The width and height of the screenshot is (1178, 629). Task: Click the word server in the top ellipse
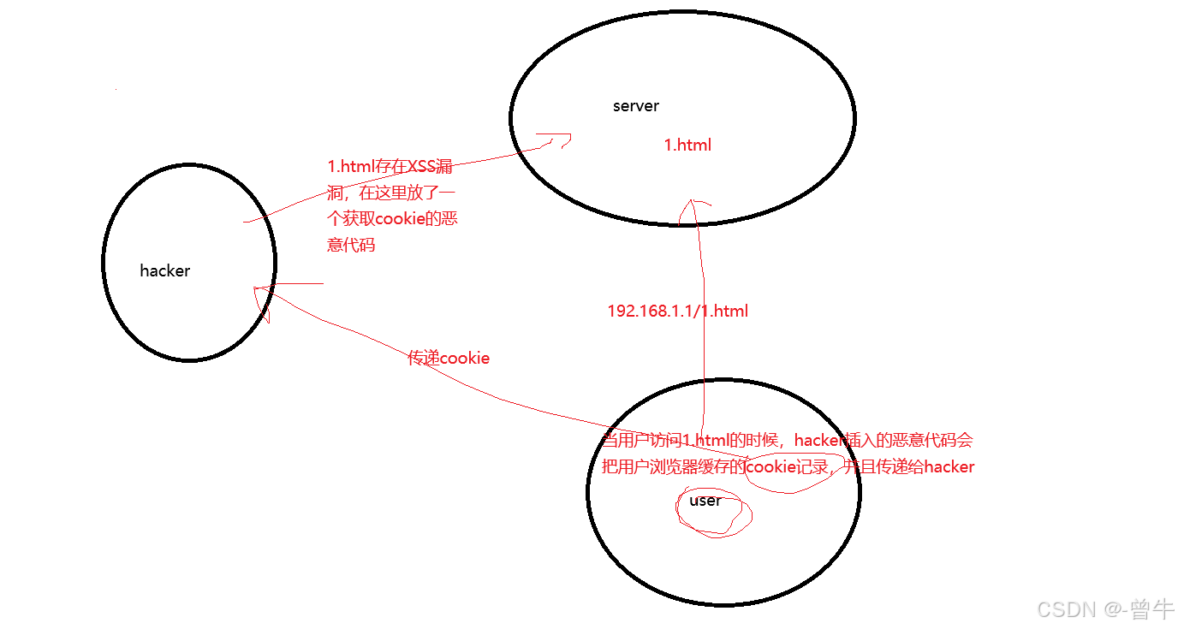point(636,106)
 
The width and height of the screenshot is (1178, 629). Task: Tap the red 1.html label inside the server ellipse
point(687,145)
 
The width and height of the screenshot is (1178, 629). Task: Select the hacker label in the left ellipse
point(165,271)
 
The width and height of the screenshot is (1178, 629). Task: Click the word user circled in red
point(705,501)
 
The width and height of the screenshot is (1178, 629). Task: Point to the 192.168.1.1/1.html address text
point(677,312)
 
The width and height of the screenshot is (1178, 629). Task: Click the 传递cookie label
point(449,359)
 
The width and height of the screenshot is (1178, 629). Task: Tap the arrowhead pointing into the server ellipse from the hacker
point(557,140)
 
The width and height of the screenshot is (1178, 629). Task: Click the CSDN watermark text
point(1066,609)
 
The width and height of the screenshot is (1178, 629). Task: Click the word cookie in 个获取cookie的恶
point(401,219)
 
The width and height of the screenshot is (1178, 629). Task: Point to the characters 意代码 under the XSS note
point(351,246)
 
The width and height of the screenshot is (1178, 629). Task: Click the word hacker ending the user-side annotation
point(949,467)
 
